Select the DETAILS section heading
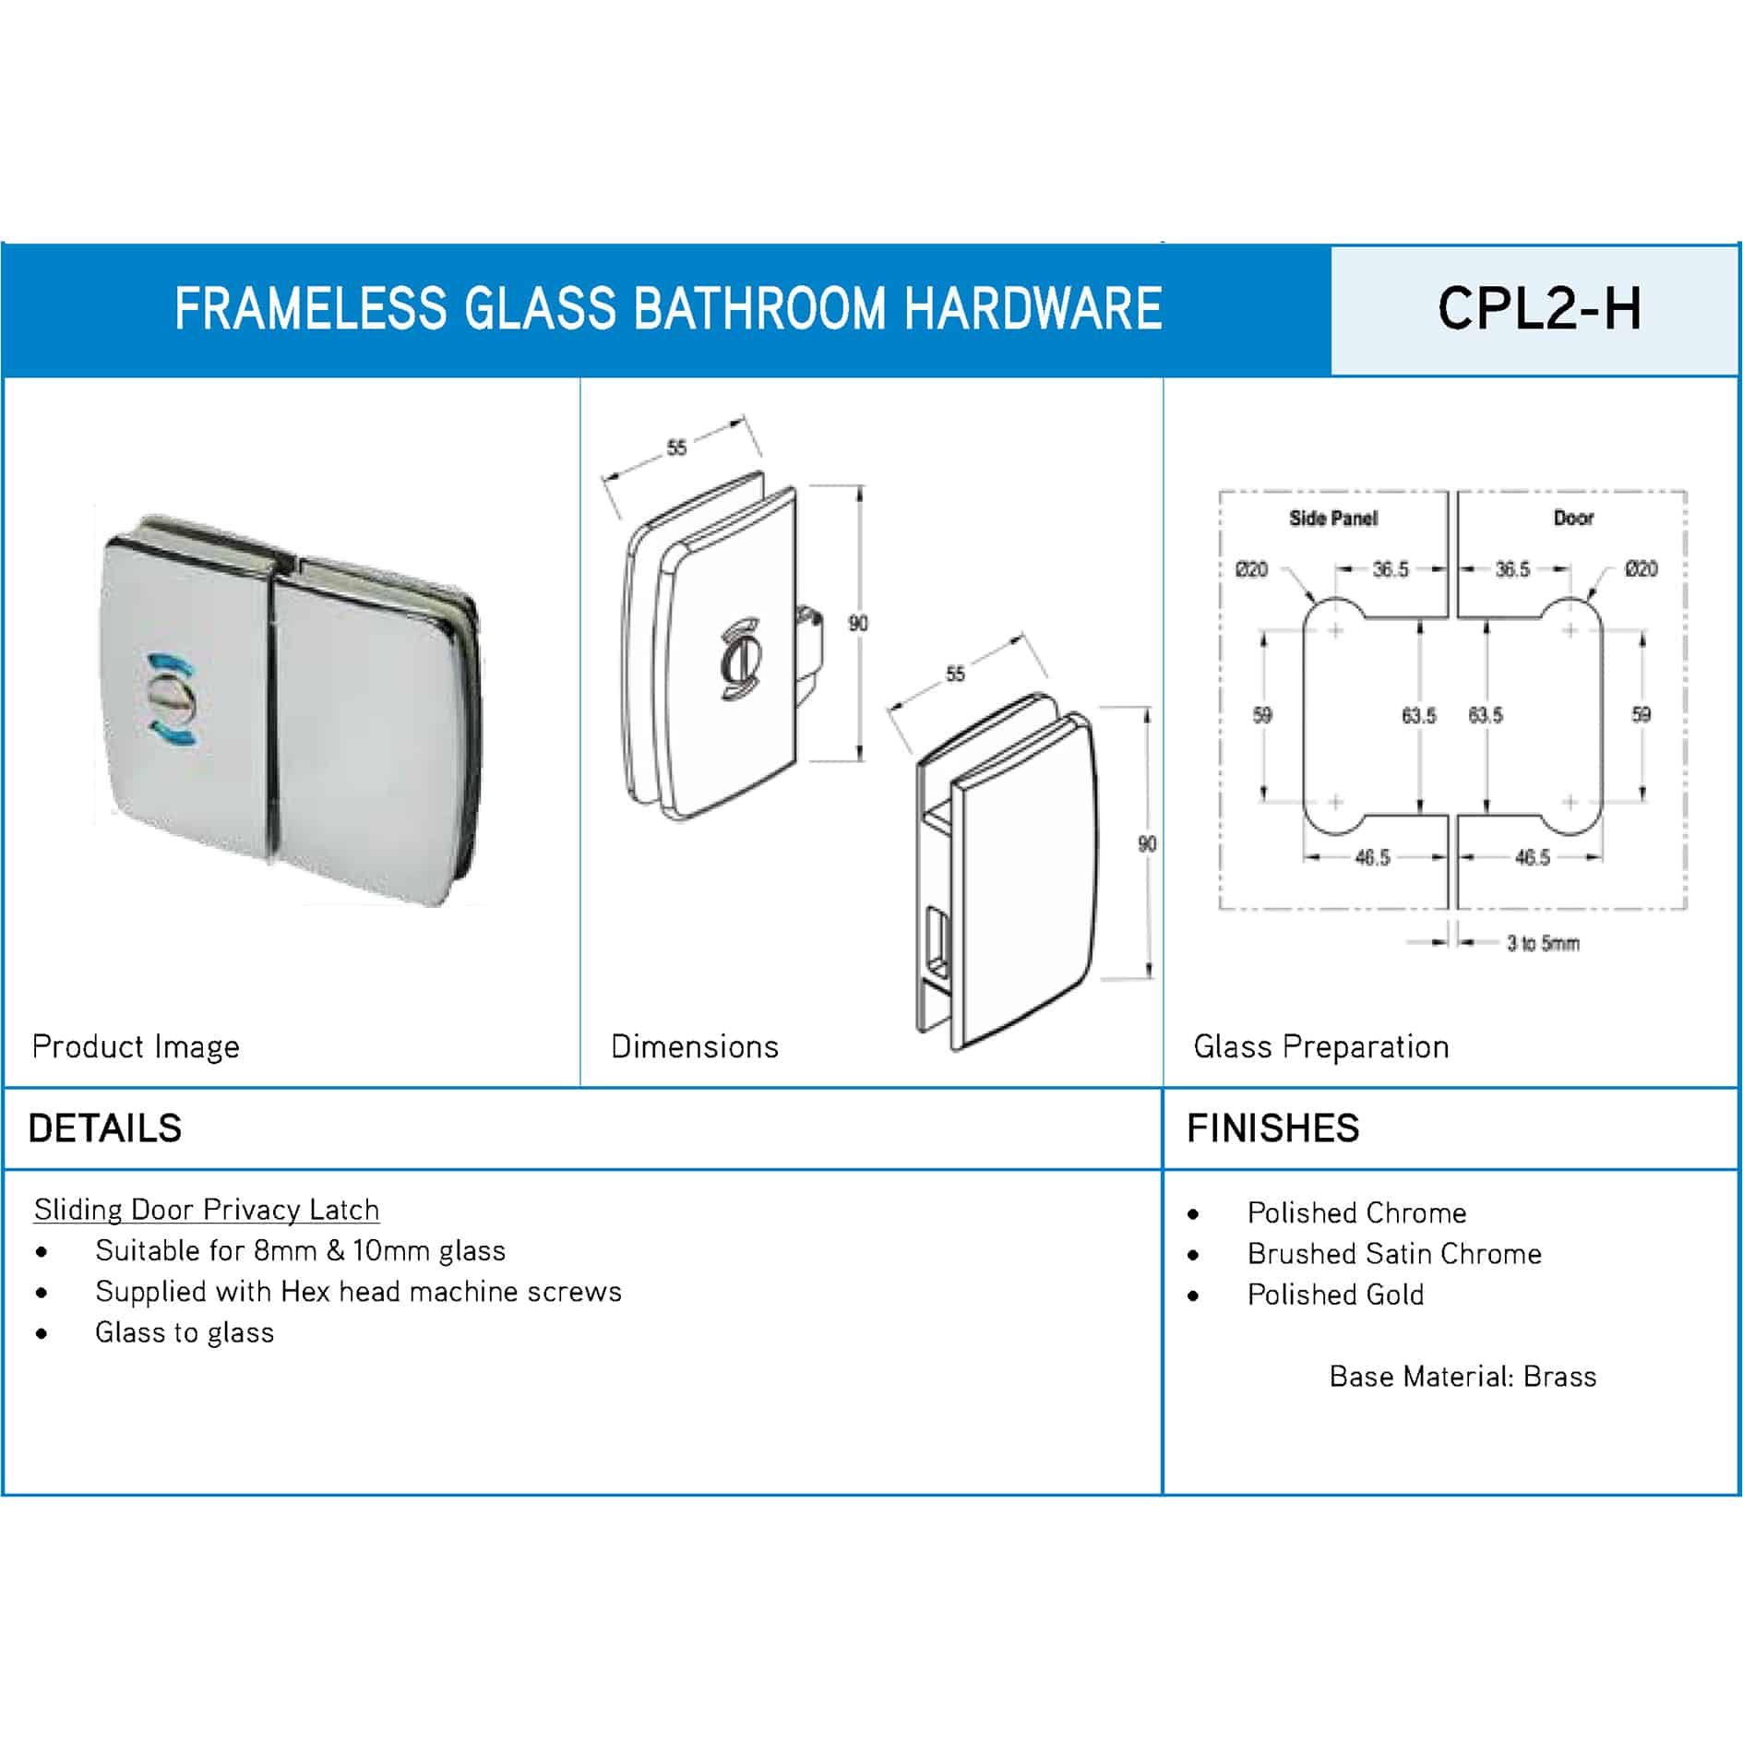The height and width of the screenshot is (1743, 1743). (105, 1128)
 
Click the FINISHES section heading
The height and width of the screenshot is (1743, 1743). (1272, 1128)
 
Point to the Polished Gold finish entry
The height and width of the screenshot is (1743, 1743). (1335, 1295)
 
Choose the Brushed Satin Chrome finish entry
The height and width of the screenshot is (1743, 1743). (1394, 1253)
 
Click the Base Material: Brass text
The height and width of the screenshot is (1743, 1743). (1462, 1377)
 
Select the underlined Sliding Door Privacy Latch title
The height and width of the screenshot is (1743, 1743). (207, 1210)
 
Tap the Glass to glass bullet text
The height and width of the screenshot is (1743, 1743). (185, 1332)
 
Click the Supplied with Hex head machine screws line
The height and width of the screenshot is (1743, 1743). (358, 1292)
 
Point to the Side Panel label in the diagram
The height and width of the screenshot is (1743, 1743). (1333, 519)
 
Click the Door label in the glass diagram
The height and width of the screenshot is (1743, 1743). (1573, 518)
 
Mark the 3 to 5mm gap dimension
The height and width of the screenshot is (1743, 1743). (1543, 943)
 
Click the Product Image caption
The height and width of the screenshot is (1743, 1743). (136, 1046)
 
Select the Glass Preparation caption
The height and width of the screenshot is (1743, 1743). (1321, 1046)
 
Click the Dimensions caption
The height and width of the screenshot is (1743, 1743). (695, 1046)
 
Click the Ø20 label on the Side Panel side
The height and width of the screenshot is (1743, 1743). (1251, 570)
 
